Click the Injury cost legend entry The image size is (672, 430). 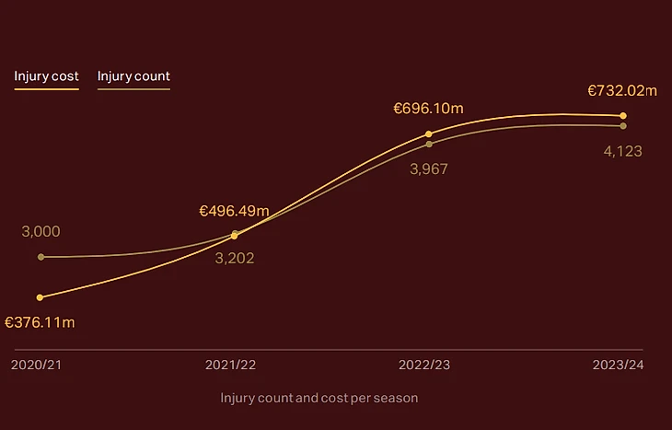46,76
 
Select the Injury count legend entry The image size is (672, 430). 133,76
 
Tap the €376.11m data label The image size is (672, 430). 40,322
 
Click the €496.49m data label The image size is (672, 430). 234,211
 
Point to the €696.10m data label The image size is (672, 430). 428,109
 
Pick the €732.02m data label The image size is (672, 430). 622,90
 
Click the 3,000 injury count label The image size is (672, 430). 41,231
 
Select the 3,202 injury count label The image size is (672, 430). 234,258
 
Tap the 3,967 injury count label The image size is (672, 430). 428,169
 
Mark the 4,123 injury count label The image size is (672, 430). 622,151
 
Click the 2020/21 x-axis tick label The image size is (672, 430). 37,365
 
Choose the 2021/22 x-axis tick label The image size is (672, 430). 230,365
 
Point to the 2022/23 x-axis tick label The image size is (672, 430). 424,365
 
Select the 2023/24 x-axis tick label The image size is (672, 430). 618,365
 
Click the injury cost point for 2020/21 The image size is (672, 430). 41,297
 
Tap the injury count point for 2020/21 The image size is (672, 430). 41,257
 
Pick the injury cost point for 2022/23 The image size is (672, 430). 429,134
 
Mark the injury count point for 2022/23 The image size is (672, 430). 429,144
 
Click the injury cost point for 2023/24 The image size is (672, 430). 623,116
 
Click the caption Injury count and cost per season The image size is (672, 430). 319,398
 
